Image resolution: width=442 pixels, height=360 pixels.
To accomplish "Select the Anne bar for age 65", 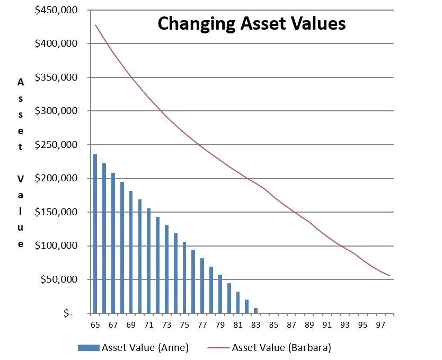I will point(95,233).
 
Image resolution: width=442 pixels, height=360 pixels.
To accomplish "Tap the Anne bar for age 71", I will point(149,260).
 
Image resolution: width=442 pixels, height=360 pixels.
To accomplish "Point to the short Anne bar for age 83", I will point(255,310).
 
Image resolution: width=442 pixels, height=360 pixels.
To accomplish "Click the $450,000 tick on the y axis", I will point(56,10).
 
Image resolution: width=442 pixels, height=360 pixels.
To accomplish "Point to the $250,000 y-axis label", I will point(56,145).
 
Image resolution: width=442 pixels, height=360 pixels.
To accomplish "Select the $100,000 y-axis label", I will point(56,246).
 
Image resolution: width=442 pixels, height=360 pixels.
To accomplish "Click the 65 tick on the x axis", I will point(95,324).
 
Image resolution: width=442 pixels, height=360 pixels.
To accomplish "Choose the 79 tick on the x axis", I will point(220,324).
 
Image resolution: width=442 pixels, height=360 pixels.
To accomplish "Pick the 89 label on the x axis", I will point(309,324).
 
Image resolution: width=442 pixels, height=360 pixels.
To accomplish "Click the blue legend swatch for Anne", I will point(88,348).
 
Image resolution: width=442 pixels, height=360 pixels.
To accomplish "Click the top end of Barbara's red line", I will point(96,25).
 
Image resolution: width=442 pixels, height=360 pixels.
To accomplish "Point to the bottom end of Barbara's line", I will point(390,276).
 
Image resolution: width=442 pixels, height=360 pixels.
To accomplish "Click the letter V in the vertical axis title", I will point(21,179).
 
